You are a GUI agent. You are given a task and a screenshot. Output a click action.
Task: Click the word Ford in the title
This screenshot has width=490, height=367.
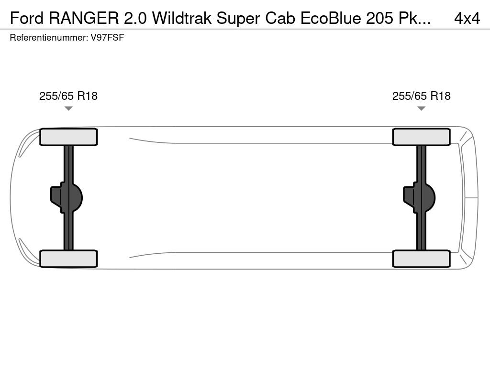coord(27,19)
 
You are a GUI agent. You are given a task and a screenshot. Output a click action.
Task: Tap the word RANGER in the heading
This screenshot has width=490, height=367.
coord(84,19)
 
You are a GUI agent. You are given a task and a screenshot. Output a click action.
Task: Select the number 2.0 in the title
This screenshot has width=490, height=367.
coord(135,19)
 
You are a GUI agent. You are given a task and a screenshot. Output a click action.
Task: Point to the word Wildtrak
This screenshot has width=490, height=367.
coord(181,19)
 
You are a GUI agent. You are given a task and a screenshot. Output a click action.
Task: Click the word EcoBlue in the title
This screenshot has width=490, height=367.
coord(331,19)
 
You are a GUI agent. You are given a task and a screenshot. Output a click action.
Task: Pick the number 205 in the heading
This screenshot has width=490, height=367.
coord(379,19)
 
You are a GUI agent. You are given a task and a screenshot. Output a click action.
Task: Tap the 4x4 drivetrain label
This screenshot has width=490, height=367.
coord(467,19)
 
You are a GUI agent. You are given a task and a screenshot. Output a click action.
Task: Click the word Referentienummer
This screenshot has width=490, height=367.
coord(49,37)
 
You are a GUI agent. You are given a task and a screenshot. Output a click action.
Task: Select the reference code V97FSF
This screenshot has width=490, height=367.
coord(107,37)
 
